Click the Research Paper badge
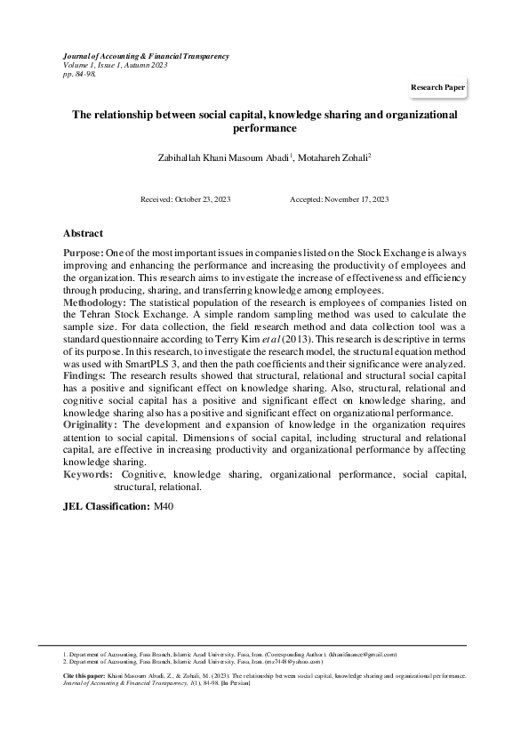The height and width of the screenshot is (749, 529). click(437, 89)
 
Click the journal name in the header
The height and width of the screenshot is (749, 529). click(146, 56)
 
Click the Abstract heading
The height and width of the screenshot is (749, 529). click(83, 233)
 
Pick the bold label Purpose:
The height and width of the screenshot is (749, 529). click(83, 254)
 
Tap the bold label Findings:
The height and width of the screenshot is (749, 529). click(85, 377)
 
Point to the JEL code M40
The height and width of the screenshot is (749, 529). click(164, 506)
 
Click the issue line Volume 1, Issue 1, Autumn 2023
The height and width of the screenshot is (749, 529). click(116, 65)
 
